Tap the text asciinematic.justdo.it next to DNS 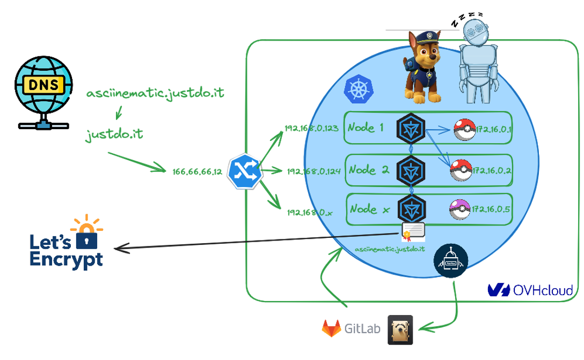(x=155, y=94)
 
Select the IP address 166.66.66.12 (x=197, y=172)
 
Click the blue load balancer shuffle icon (x=244, y=171)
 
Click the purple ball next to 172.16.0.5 (x=460, y=208)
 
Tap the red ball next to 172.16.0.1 (x=464, y=130)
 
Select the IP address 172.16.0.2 (x=492, y=171)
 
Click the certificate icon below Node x (x=413, y=231)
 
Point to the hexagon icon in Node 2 (x=411, y=169)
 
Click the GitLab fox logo (x=332, y=328)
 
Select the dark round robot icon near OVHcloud (x=451, y=261)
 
